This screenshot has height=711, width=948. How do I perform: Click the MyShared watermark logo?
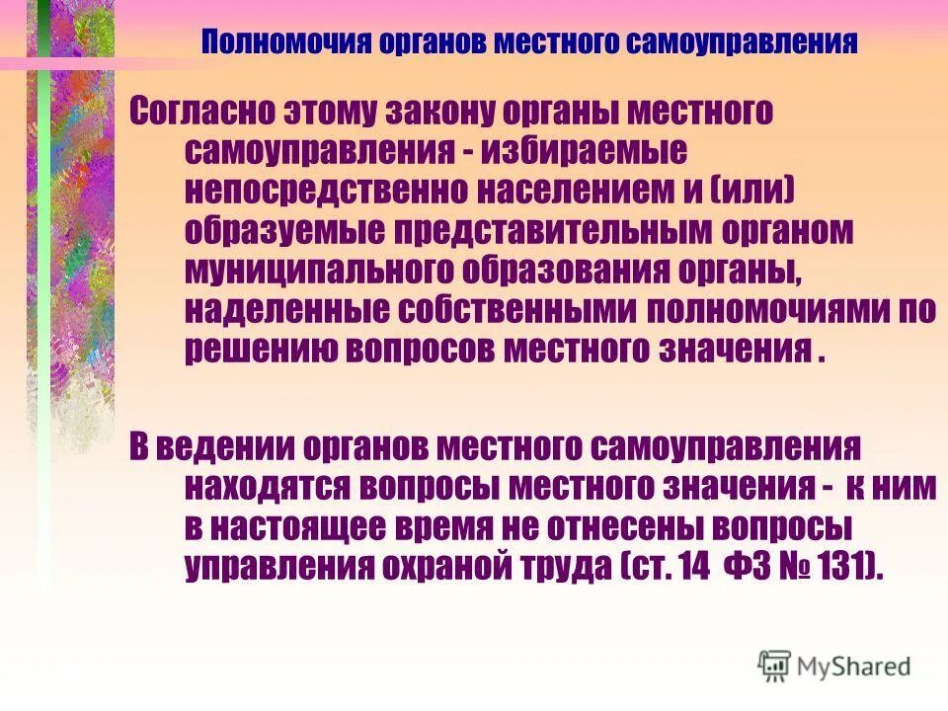pyautogui.click(x=834, y=666)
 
